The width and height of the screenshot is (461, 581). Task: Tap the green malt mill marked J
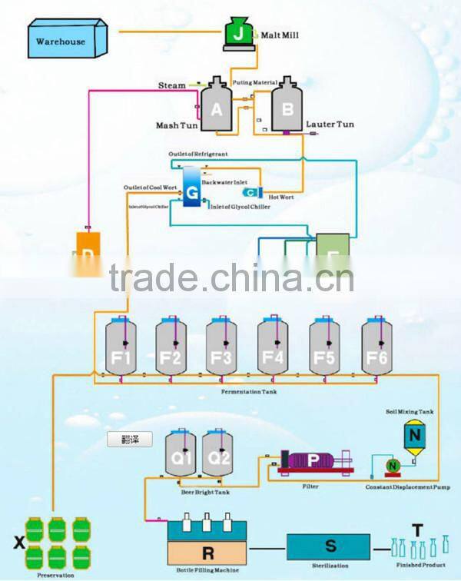tap(240, 33)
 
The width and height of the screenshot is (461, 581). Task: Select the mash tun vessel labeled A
tap(217, 108)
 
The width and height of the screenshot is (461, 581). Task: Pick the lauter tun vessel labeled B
tap(287, 108)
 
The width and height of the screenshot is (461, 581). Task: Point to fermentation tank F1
tap(121, 349)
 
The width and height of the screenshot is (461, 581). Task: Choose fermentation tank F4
tap(273, 349)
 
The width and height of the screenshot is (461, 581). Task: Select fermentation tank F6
tap(377, 349)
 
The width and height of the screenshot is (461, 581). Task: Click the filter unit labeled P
tap(315, 460)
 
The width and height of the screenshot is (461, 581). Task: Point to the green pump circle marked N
tap(392, 464)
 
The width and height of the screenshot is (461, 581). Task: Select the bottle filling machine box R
tap(207, 551)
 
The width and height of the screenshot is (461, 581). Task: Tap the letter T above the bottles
tap(416, 529)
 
